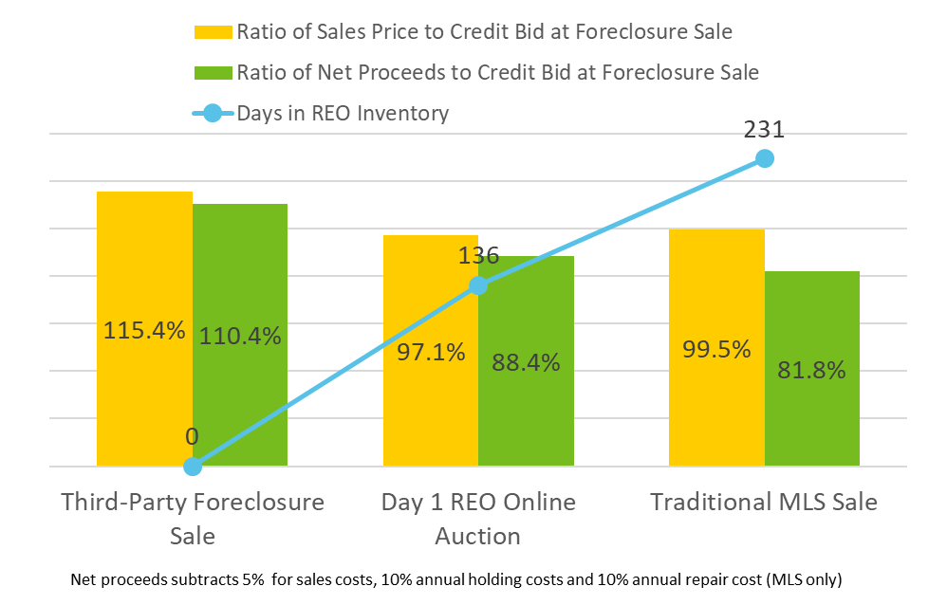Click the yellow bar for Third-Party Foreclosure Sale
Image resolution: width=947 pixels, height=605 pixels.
145,266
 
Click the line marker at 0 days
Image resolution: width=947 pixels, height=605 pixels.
193,466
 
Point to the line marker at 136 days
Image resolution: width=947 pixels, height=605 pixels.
478,285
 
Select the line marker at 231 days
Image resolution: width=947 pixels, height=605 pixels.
765,158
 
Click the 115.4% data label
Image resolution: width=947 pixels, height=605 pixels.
144,332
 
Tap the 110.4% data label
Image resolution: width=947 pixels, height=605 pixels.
240,335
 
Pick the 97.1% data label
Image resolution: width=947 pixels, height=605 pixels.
431,353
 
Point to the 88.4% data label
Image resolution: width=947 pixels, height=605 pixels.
526,362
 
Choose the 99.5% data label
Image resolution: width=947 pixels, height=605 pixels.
716,348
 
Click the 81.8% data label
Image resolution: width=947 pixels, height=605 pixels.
811,371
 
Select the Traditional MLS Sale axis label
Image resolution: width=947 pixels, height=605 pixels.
764,502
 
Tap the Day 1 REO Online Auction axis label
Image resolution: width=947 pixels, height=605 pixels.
478,518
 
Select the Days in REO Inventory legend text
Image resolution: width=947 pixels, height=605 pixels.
343,114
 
